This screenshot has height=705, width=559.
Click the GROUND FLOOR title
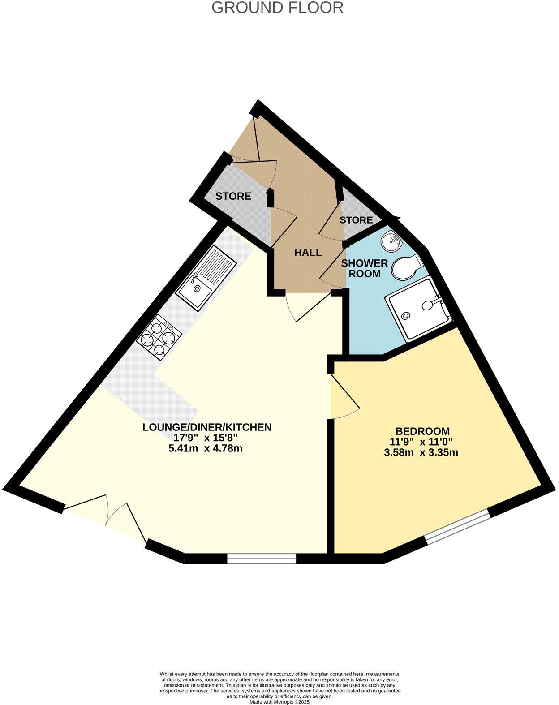pos(277,8)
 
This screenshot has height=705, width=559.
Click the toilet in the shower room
pos(406,267)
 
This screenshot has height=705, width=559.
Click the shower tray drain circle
pos(406,315)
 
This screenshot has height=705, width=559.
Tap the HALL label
pos(308,253)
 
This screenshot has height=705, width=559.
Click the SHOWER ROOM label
pos(365,268)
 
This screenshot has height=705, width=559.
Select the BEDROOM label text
pos(423,431)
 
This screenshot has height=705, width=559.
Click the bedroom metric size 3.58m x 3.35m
pos(421,452)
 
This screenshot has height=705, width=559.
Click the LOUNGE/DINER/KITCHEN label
pos(207,427)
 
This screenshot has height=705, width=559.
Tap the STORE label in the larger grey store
pos(233,196)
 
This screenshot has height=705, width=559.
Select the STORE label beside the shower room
pos(356,220)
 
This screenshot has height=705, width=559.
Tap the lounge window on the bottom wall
pos(262,558)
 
